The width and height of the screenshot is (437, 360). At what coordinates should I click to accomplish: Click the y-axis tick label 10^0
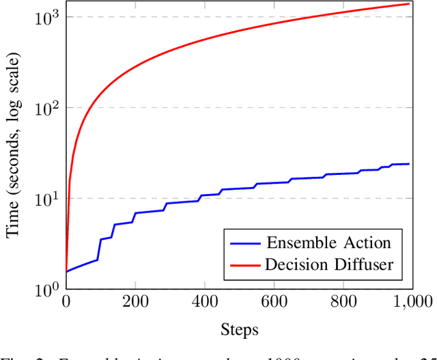(x=46, y=288)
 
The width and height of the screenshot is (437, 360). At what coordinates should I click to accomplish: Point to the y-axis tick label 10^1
(x=46, y=198)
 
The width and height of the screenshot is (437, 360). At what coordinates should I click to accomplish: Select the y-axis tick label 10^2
(x=46, y=107)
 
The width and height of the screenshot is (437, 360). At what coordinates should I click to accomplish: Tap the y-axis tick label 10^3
(x=46, y=16)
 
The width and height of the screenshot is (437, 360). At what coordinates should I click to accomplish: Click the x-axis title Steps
(x=239, y=330)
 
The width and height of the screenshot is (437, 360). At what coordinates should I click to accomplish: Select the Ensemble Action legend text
(x=328, y=243)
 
